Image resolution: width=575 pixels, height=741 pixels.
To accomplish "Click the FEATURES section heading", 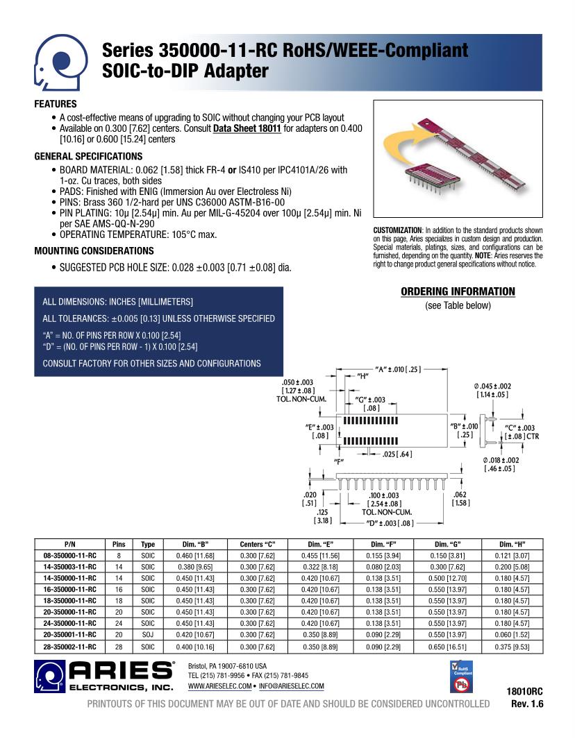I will coord(56,104).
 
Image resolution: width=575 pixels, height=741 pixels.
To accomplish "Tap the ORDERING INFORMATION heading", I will coord(458,291).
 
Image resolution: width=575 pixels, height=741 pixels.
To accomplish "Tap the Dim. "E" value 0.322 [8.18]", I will coord(319,567).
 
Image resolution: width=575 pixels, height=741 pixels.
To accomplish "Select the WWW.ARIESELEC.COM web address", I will coord(220,686).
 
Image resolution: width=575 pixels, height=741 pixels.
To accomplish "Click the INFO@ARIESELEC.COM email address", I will coord(292,686).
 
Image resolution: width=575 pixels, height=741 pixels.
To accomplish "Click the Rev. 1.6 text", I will coord(527,704).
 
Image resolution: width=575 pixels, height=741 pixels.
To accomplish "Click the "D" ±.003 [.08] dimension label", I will coord(390,523).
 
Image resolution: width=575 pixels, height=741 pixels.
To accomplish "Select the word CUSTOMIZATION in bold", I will coord(397,230).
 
